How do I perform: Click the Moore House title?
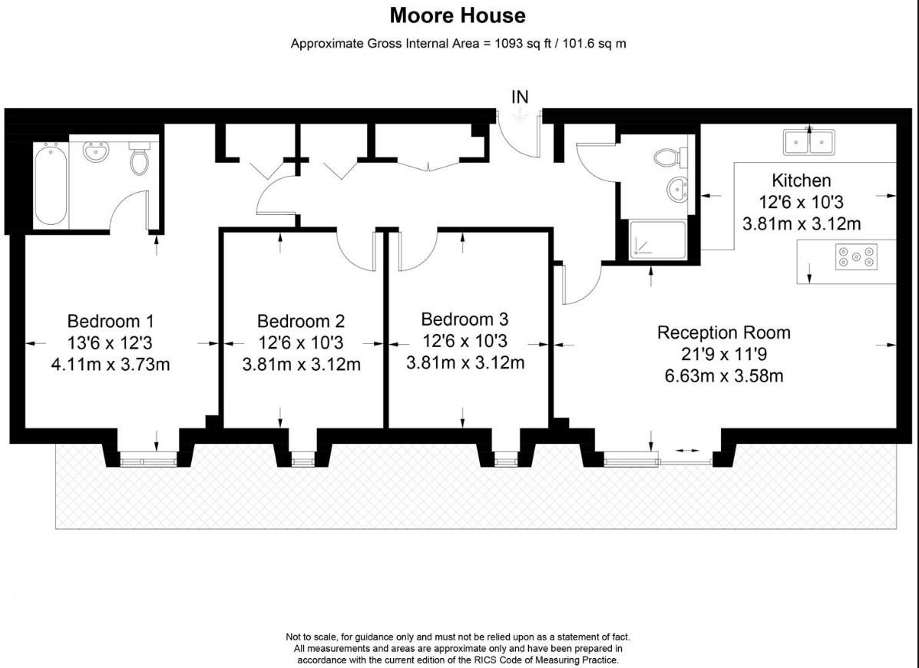[x=458, y=15]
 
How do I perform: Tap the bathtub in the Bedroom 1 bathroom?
[x=51, y=184]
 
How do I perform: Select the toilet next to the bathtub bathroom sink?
[x=139, y=158]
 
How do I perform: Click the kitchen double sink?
[x=808, y=141]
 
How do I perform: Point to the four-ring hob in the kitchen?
[x=856, y=256]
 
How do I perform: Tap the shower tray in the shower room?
[x=658, y=240]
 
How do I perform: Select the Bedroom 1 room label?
[x=111, y=321]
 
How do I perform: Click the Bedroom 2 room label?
[x=301, y=321]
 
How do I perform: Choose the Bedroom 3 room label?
[x=464, y=319]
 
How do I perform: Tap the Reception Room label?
[x=724, y=332]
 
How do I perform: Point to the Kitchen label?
[x=802, y=180]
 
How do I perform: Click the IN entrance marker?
[x=520, y=97]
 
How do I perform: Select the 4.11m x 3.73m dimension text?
[x=111, y=365]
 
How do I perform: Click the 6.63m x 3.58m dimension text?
[x=724, y=375]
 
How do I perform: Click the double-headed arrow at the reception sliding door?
[x=687, y=451]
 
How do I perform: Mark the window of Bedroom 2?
[x=303, y=461]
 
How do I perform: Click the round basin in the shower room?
[x=677, y=189]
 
